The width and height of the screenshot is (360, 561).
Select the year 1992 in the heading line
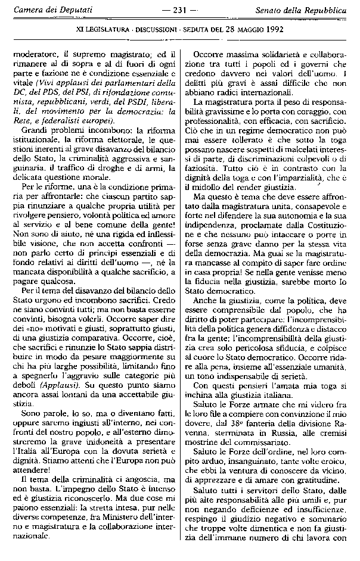click(x=271, y=29)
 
